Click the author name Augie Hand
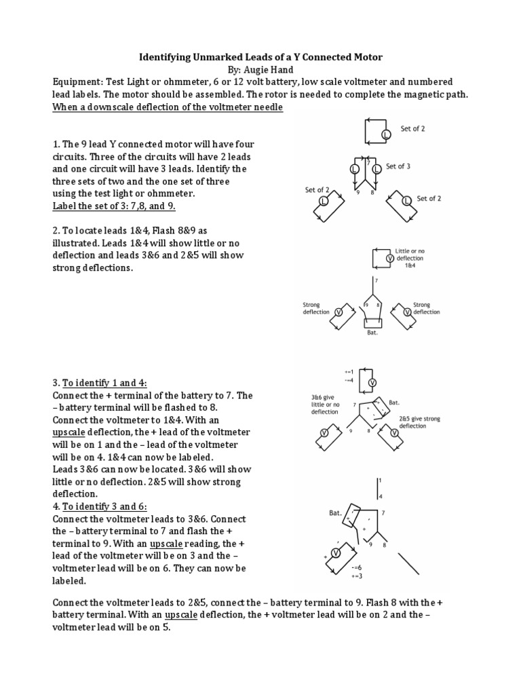point(273,70)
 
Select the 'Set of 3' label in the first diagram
point(398,166)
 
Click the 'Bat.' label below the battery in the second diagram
point(372,333)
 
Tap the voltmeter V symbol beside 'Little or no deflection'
point(389,259)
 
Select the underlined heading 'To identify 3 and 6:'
point(109,506)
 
